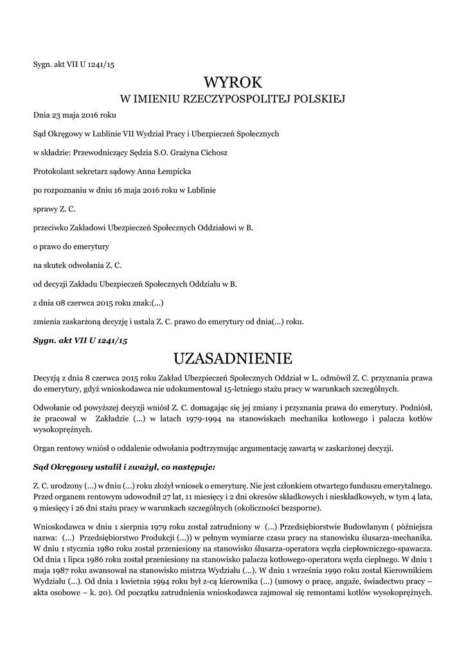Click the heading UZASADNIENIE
[233, 358]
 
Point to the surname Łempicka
[169, 172]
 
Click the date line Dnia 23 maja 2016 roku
[75, 116]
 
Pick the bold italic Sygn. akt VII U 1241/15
[80, 340]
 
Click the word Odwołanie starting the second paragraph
[52, 407]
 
